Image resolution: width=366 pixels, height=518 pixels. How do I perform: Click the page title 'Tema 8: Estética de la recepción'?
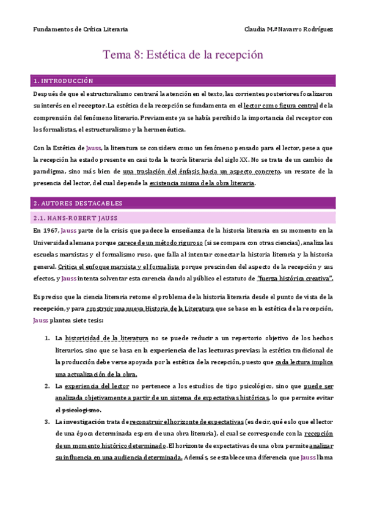(183, 55)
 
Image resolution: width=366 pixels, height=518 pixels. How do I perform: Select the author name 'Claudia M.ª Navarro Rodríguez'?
(288, 29)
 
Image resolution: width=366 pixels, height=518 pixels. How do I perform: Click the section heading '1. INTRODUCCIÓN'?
(64, 81)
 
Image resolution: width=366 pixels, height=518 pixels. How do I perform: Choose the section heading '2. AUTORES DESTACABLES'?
(78, 203)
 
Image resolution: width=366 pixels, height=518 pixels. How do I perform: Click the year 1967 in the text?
(51, 230)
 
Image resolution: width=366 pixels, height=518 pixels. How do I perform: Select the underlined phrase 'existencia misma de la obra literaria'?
(202, 183)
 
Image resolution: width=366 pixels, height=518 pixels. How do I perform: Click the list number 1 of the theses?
(48, 338)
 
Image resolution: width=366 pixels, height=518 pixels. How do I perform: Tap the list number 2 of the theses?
(48, 386)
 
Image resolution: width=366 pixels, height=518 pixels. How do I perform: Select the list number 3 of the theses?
(48, 422)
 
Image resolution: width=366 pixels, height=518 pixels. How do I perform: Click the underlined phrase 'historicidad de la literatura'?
(106, 338)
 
